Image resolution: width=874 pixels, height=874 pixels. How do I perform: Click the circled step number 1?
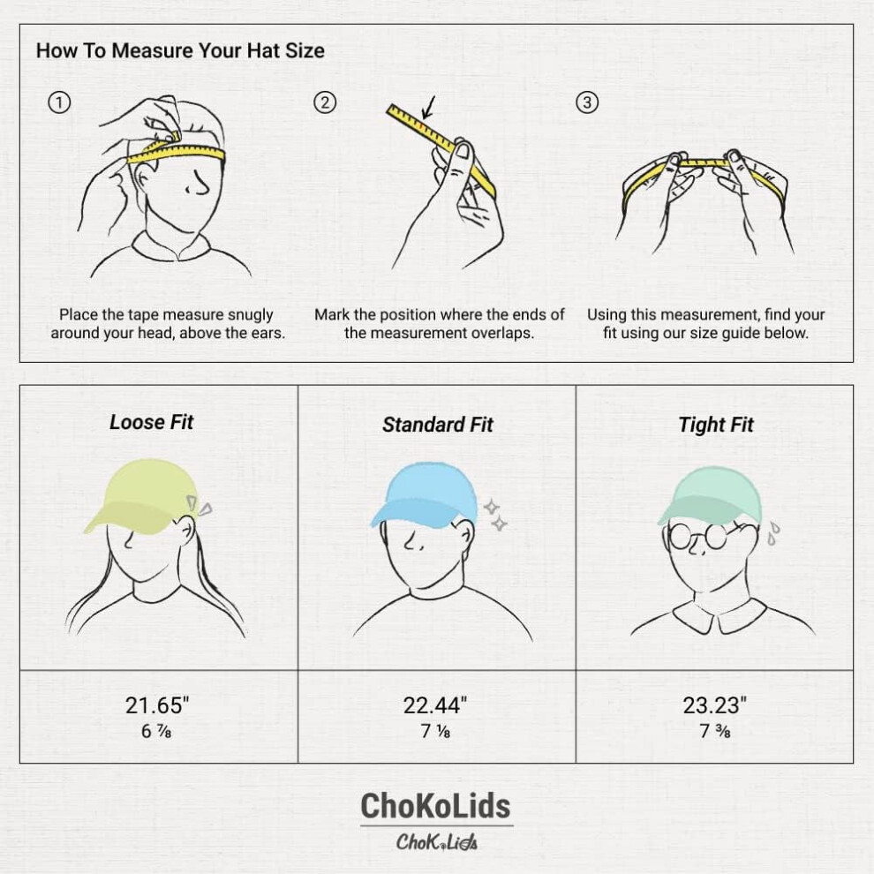coord(59,102)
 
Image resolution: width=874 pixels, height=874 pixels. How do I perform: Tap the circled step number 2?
coord(325,102)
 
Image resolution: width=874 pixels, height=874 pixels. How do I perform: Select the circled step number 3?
coord(587,102)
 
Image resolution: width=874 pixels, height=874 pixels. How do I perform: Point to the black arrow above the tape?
coord(428,108)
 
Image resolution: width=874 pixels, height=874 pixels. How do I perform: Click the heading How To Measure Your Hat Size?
coord(180,50)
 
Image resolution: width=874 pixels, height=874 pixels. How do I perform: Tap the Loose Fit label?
coord(151,422)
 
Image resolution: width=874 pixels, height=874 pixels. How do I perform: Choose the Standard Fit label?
coord(438,425)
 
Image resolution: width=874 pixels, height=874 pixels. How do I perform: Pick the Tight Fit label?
coord(716,425)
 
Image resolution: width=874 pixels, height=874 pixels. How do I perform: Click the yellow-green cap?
coord(139,495)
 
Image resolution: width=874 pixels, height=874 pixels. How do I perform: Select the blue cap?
coord(424,496)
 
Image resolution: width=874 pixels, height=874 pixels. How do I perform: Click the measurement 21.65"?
coord(156,705)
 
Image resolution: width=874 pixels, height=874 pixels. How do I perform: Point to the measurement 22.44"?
coord(434,705)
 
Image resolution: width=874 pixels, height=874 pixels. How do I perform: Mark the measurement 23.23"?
coord(714,705)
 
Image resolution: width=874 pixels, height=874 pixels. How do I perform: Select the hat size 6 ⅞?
coord(156,731)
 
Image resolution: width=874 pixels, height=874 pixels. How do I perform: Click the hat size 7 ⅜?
coord(714,731)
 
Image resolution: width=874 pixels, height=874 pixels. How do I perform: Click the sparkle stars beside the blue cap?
coord(495,516)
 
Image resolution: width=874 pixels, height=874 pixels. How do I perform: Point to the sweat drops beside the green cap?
coord(773,533)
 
